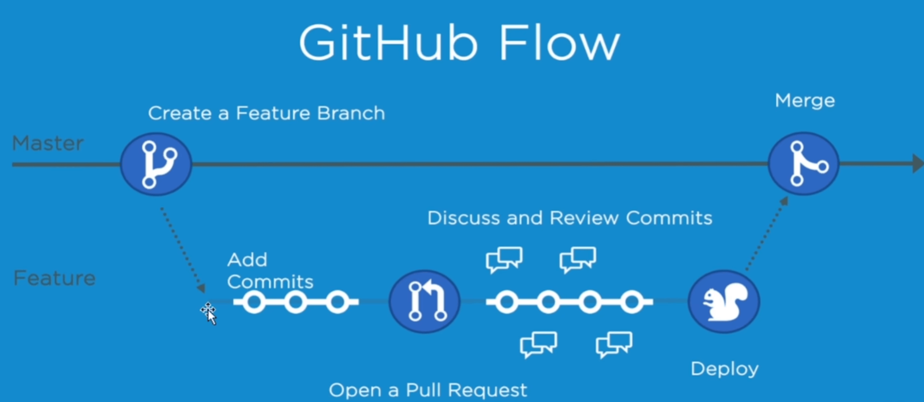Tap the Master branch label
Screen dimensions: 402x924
(48, 143)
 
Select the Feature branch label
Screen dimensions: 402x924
(54, 278)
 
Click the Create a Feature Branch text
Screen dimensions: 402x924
(266, 113)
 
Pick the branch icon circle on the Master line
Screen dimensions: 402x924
(156, 164)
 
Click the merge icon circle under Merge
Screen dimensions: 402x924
(804, 163)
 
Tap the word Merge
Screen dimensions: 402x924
(805, 101)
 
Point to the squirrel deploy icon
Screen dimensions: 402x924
(723, 301)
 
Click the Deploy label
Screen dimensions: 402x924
(724, 369)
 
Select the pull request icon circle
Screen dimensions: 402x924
(425, 301)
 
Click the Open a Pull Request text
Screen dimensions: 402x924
(428, 390)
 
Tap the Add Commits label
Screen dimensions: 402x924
(270, 271)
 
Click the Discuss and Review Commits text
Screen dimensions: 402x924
(569, 218)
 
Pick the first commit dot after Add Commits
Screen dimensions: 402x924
(254, 302)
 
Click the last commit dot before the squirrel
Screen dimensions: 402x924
(632, 302)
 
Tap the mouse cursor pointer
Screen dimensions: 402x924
(210, 314)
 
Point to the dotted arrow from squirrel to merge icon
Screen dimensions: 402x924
(766, 234)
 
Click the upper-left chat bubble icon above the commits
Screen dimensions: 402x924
(504, 259)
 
